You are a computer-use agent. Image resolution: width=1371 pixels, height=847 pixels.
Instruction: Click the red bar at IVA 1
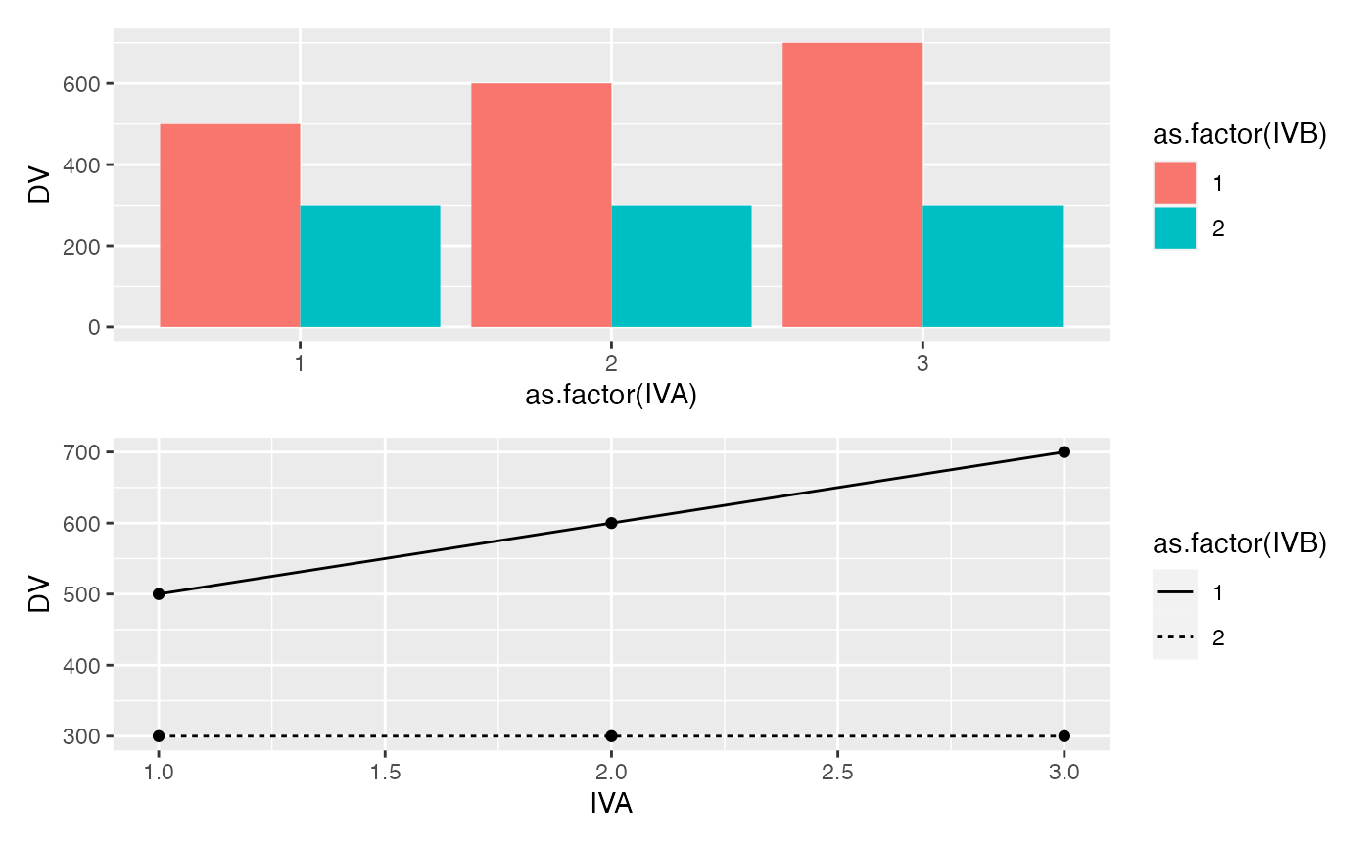(229, 225)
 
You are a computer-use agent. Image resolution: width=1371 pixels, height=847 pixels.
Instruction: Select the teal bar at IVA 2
(682, 265)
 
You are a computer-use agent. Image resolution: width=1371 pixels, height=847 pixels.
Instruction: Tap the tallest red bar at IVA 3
(852, 185)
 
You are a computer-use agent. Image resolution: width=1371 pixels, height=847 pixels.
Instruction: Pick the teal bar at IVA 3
(993, 265)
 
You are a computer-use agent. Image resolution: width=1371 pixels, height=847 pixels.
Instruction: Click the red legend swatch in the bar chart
(1174, 183)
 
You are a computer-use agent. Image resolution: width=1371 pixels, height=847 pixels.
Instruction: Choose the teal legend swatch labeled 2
(1174, 228)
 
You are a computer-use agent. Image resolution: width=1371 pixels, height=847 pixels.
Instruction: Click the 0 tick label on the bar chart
(94, 327)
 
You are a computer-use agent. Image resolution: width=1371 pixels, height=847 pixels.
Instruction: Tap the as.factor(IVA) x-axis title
(611, 396)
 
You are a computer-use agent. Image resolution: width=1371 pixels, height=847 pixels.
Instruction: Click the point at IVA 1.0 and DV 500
(159, 594)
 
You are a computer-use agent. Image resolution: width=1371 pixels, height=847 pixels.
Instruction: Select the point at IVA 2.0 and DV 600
(611, 523)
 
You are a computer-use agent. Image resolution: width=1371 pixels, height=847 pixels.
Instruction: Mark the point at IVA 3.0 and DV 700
(1064, 451)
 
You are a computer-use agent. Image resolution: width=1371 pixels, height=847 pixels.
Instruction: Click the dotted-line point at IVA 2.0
(611, 735)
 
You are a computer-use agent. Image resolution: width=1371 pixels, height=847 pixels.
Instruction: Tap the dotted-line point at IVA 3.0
(1064, 735)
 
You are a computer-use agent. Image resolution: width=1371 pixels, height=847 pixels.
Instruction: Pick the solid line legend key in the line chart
(1174, 592)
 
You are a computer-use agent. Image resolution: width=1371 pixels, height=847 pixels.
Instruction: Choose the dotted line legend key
(1174, 637)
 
